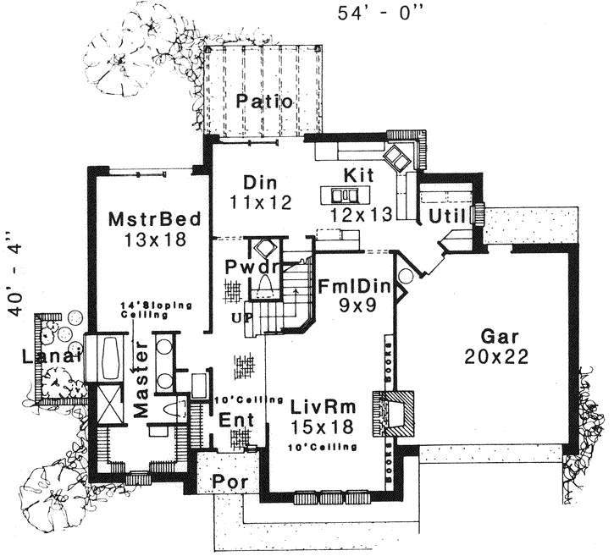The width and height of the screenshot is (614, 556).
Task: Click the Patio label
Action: pos(264,102)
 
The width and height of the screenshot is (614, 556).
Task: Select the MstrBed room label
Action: pos(154,220)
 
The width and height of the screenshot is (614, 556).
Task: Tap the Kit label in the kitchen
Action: pos(359,174)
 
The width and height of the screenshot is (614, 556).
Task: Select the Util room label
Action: pos(447,217)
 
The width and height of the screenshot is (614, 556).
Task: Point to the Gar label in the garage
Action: pos(496,336)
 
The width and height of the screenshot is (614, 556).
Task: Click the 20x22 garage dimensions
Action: pos(496,356)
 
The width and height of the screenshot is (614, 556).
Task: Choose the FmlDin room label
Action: pos(353,285)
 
